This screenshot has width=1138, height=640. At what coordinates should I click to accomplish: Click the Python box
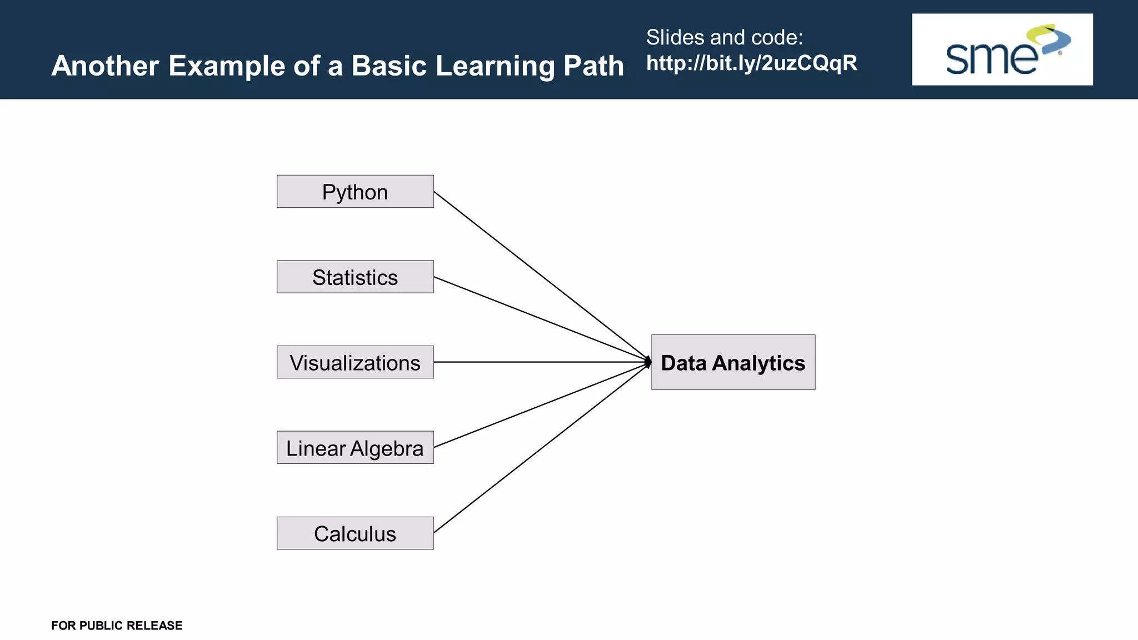[x=355, y=192]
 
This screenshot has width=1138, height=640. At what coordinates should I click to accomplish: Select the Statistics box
[x=355, y=277]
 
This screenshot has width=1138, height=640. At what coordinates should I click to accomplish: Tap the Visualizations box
[x=355, y=362]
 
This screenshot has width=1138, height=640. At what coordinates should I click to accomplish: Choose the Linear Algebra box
[x=355, y=448]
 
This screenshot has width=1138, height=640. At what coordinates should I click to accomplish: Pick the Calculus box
[x=355, y=533]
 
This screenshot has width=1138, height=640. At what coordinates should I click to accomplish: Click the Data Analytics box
[x=733, y=362]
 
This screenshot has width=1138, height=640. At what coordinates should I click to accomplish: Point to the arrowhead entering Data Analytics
[x=648, y=362]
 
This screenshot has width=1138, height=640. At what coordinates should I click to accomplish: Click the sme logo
[x=1002, y=49]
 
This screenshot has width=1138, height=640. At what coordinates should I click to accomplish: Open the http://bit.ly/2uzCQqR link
[x=751, y=63]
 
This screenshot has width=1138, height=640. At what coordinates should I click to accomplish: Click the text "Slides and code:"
[x=724, y=37]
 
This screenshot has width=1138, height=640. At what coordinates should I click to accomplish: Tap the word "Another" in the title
[x=106, y=66]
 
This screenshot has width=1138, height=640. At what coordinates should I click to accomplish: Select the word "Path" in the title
[x=593, y=66]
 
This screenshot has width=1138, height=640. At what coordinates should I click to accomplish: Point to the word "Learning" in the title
[x=495, y=67]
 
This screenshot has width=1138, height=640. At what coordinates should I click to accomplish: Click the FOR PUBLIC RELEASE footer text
[x=117, y=626]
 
